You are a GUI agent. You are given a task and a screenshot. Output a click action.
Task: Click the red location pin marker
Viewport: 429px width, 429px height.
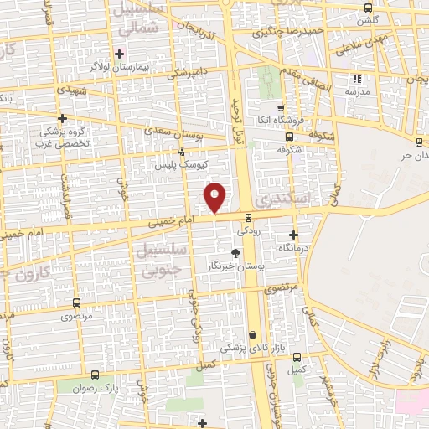click(215, 197)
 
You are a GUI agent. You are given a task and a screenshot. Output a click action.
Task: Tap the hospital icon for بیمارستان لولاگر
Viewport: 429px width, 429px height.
click(120, 54)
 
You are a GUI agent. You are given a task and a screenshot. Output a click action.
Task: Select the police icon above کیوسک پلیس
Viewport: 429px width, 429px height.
click(181, 152)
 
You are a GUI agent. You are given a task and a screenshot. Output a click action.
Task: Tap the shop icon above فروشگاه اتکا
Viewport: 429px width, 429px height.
click(281, 108)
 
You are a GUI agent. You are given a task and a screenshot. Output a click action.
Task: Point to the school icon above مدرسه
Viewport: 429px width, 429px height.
click(358, 79)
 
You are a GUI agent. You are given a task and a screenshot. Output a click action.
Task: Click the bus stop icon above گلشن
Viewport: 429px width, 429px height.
click(365, 6)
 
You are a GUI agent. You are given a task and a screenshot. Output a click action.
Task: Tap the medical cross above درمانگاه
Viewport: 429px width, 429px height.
click(293, 235)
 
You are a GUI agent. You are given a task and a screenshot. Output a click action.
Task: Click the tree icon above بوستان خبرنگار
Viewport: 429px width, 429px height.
click(236, 253)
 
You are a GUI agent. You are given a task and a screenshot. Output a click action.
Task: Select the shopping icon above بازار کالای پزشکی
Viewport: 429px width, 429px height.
click(251, 334)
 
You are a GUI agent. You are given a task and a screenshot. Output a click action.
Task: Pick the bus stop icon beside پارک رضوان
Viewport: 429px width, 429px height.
click(94, 375)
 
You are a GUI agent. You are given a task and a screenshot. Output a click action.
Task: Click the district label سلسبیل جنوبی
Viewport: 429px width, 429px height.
click(157, 261)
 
